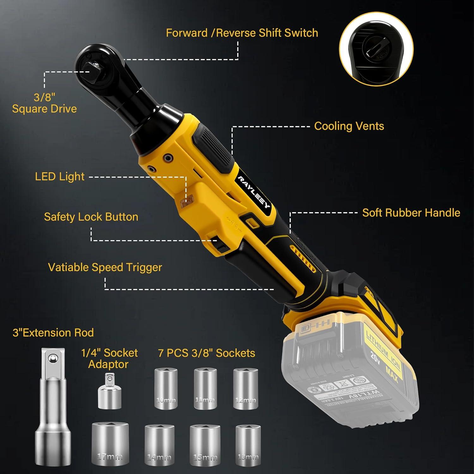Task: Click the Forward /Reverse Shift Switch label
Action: click(x=242, y=33)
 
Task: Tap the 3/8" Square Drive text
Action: click(x=45, y=103)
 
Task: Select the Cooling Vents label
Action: click(x=349, y=126)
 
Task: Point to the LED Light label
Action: click(x=60, y=177)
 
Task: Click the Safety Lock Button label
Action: click(x=91, y=217)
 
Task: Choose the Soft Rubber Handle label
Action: click(x=411, y=213)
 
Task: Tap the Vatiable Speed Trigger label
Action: click(x=105, y=267)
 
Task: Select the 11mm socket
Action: click(x=204, y=389)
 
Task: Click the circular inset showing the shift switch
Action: click(x=376, y=49)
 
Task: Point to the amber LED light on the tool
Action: click(x=187, y=201)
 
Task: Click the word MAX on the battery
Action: click(x=392, y=374)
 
